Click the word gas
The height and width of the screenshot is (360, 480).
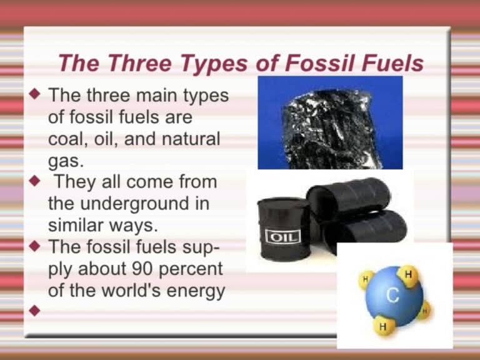64,161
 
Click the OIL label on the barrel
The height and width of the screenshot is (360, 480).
282,236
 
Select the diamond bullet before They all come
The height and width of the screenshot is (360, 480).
36,182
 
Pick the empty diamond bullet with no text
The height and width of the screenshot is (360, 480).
36,310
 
